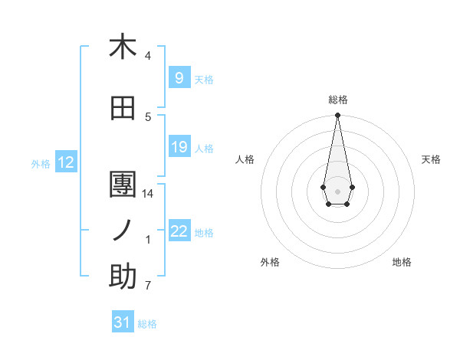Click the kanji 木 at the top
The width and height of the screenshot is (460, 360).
(x=123, y=47)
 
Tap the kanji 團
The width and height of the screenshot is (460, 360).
(x=123, y=185)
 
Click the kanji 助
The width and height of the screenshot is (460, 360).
(x=123, y=277)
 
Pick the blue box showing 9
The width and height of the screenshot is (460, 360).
(x=179, y=78)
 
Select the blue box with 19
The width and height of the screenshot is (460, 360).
(x=179, y=147)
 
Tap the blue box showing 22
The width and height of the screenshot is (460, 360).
(x=179, y=231)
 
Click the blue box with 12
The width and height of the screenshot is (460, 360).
(x=66, y=162)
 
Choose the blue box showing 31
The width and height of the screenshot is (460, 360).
(x=123, y=322)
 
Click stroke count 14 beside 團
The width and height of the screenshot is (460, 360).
(x=148, y=194)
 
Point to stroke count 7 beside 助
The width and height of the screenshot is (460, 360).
(x=148, y=286)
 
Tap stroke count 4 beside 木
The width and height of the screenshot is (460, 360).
(x=148, y=56)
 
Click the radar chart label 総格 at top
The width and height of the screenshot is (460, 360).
(x=337, y=100)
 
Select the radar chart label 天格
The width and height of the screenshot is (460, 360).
(x=431, y=159)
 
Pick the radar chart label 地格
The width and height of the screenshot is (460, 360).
(x=402, y=262)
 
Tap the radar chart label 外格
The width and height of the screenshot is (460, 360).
(x=270, y=262)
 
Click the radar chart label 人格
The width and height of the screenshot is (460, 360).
(x=245, y=159)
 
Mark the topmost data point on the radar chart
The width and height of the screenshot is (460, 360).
(x=337, y=116)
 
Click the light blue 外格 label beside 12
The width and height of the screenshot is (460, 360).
(x=41, y=163)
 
